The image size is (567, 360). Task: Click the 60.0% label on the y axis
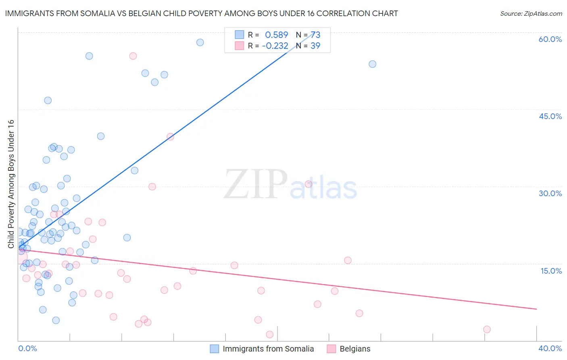coord(550,39)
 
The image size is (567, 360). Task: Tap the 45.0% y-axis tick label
coord(550,116)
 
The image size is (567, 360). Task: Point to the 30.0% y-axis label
coord(550,193)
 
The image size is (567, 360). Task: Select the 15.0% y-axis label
coord(551,270)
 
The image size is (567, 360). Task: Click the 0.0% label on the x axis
coord(27,348)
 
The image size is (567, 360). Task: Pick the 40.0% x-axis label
coord(550,348)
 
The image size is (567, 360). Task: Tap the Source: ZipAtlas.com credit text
coord(531,13)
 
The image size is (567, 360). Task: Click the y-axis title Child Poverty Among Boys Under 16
coord(11,184)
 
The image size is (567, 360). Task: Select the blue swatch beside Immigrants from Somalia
coord(215,349)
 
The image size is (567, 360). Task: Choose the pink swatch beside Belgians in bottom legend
coord(331,349)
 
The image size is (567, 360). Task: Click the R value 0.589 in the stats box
coord(276,35)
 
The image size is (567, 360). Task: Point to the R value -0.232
coord(275,46)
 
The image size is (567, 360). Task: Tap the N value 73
coord(315,35)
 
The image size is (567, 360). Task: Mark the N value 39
coord(315,46)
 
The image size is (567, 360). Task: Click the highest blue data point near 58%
coord(200,42)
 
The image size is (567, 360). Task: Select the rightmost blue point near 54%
coord(372,64)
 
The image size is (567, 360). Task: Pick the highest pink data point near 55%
coord(133,56)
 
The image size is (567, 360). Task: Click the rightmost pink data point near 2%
coord(487,329)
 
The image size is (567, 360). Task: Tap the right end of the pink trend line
coord(536,309)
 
